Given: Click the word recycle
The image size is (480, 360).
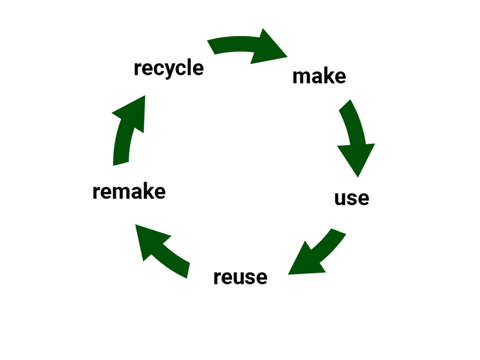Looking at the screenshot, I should [x=169, y=67].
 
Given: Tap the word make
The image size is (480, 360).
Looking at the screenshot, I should [x=319, y=77].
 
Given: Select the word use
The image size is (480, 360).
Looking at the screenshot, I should [x=352, y=197].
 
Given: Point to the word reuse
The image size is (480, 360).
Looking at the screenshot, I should [x=240, y=277].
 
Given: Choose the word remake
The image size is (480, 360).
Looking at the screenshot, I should [x=129, y=192].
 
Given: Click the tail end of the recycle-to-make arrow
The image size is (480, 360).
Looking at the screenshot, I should [x=211, y=47].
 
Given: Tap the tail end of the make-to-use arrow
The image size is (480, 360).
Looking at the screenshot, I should [x=347, y=107].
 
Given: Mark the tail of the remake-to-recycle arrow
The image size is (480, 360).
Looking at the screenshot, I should [x=121, y=161].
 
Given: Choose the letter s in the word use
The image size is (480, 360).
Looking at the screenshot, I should [x=351, y=199].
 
